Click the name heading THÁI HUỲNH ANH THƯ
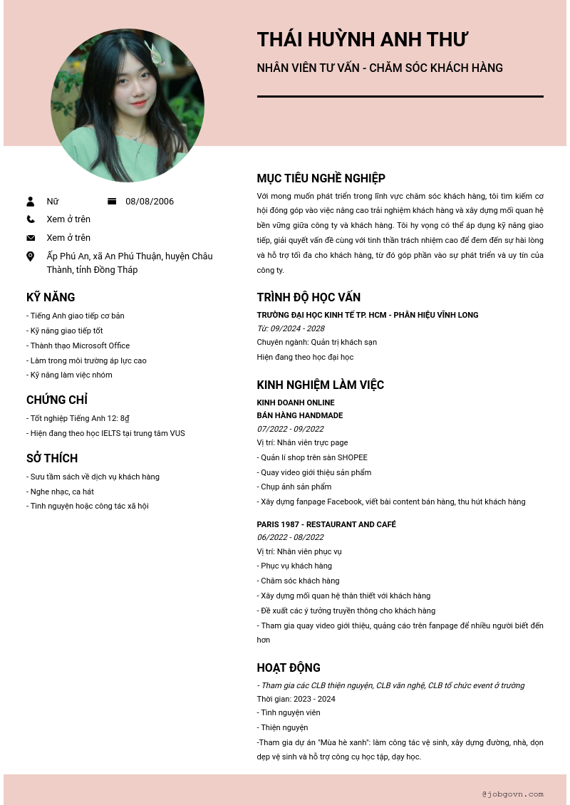362,40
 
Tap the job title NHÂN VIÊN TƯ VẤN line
380,68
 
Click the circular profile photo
128,105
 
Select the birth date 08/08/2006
150,202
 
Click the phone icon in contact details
31,219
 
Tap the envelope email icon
31,238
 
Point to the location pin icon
31,256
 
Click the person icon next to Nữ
31,202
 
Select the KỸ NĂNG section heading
51,298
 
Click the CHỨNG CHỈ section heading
57,400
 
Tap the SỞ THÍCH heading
52,459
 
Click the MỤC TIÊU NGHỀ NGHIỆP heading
321,179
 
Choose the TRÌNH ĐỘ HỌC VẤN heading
309,298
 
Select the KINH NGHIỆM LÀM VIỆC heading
320,385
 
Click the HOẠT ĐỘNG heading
289,668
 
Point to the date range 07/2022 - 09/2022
290,429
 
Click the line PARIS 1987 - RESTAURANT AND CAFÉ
326,524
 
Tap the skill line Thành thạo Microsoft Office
78,346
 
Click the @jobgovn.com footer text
512,794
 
